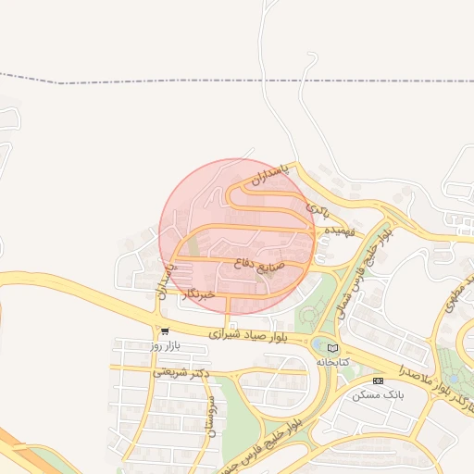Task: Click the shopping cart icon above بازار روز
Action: point(164,331)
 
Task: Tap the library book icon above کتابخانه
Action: point(332,348)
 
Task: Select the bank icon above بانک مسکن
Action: point(378,380)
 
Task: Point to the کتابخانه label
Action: point(332,362)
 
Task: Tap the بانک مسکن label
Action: point(379,395)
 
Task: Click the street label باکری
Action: point(318,208)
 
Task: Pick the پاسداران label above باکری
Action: point(270,175)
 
